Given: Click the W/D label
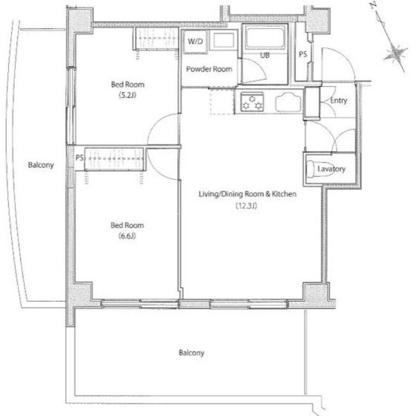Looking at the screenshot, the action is point(196,41).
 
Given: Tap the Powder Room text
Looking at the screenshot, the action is point(209,69).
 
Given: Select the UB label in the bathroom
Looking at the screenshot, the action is point(265,55).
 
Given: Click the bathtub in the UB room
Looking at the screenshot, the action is point(265,38).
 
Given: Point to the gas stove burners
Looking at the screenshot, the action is point(252,102).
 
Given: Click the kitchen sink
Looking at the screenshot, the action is point(288,102).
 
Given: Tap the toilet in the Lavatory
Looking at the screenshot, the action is point(317,168).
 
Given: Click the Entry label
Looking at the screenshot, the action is point(339,100).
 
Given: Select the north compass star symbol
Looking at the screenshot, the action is point(396,53).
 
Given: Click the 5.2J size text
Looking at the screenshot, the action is point(127,95).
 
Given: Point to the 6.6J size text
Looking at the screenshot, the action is point(127,236).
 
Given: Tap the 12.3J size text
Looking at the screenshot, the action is point(246,205).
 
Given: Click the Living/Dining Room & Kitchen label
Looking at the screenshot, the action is point(248,194).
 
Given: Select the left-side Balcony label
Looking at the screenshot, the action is point(41,165).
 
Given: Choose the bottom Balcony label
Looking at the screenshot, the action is point(191,353).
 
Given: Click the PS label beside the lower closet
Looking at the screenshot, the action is point(80,158).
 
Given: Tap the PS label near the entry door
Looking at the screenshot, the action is point(303,54).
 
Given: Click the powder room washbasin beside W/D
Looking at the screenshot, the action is point(224,41).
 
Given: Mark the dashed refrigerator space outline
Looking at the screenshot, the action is point(223,101).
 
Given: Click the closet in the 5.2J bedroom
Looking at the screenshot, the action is point(157,38).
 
